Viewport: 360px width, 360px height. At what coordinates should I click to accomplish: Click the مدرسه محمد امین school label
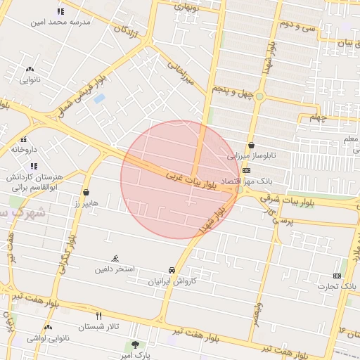click(x=60, y=22)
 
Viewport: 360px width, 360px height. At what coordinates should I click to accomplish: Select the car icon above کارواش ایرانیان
click(x=172, y=270)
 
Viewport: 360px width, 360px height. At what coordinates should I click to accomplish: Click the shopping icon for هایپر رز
click(x=86, y=192)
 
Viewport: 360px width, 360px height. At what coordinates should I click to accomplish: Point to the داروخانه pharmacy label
click(x=23, y=149)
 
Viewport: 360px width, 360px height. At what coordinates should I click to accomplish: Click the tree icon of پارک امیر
click(x=134, y=345)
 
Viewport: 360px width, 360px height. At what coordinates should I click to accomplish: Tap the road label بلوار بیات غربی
click(x=191, y=181)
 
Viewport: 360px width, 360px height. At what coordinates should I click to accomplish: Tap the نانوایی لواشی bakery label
click(x=48, y=339)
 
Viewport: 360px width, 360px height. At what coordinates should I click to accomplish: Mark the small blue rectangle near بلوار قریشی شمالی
click(x=99, y=98)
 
